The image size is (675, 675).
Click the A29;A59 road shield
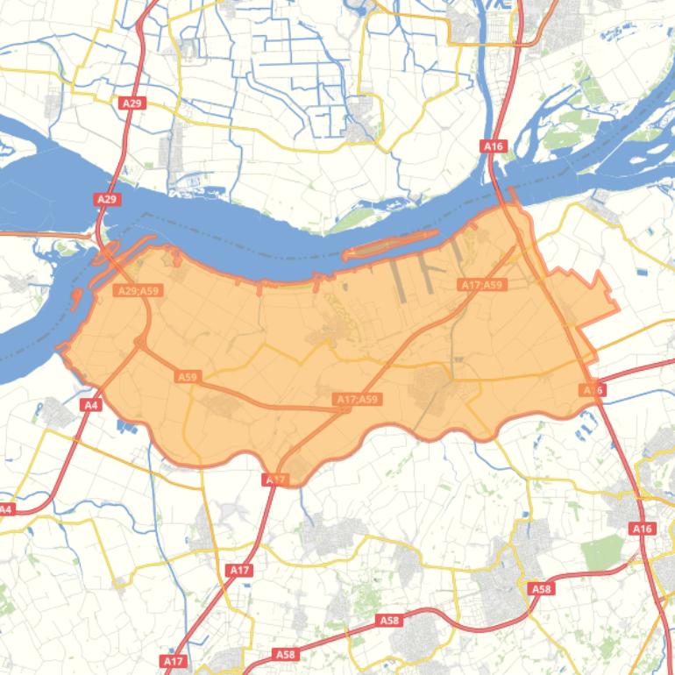tap(139, 290)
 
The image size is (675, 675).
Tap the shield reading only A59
tap(188, 376)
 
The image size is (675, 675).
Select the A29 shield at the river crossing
tap(106, 200)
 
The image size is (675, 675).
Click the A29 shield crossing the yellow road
tap(131, 103)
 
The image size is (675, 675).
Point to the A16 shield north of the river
tap(494, 146)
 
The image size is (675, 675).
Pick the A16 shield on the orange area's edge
tap(593, 389)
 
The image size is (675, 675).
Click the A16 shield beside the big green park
tap(643, 529)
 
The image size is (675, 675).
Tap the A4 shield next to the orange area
tap(90, 404)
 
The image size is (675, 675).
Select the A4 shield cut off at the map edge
tap(6, 509)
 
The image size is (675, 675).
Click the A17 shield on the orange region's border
tap(274, 480)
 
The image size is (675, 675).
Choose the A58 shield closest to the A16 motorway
tap(542, 589)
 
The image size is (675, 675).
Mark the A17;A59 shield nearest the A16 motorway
tap(482, 285)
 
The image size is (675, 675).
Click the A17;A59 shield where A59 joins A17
tap(358, 400)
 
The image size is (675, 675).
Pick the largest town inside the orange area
tap(432, 383)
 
